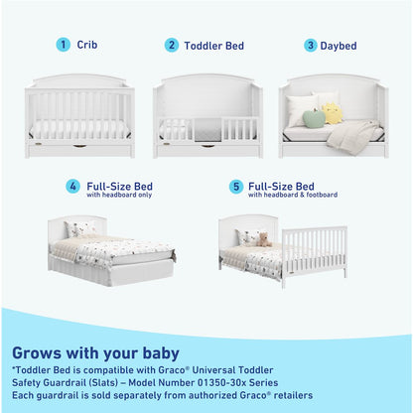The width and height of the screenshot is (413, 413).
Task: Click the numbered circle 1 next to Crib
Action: click(64, 45)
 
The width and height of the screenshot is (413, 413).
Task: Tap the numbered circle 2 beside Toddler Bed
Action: click(172, 45)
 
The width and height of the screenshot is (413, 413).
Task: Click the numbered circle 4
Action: click(72, 187)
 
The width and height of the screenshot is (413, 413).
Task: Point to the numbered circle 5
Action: click(235, 187)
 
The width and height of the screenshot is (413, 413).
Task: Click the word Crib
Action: click(87, 45)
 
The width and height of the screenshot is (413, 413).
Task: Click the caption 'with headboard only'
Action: click(120, 195)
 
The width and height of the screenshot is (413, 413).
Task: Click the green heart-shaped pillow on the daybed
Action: click(314, 118)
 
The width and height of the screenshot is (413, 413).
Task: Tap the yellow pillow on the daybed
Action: click(333, 113)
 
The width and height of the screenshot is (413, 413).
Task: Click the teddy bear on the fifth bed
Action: click(263, 239)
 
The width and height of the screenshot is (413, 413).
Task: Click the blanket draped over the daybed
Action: click(352, 135)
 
